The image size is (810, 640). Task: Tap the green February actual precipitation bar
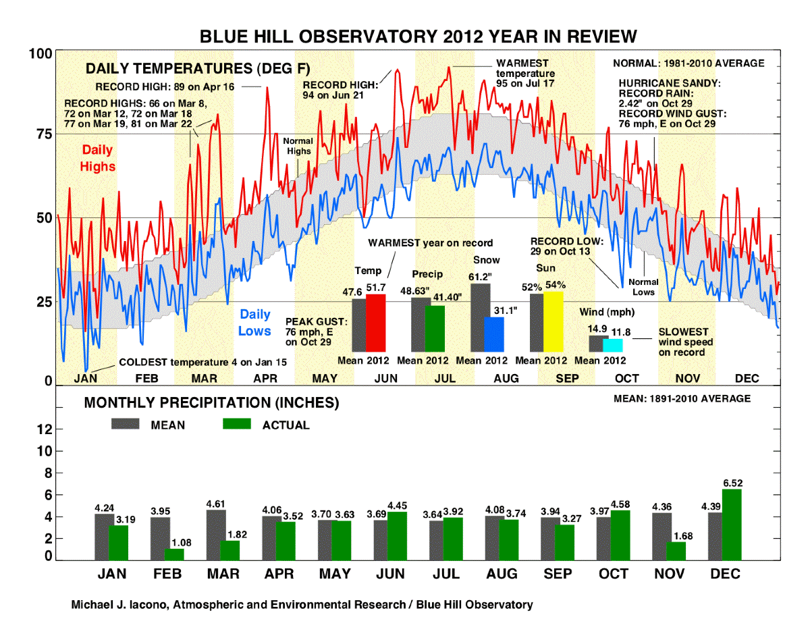[174, 554]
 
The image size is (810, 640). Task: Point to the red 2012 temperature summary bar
[375, 323]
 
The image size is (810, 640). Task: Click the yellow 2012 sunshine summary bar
[553, 321]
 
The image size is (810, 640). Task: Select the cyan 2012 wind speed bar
[613, 345]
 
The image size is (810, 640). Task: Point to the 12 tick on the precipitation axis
[43, 429]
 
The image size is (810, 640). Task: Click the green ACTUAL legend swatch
[236, 424]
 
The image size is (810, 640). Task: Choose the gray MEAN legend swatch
[125, 424]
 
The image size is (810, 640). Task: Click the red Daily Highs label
[98, 158]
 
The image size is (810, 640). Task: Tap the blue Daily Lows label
[254, 323]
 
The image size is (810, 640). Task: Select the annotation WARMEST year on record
[430, 243]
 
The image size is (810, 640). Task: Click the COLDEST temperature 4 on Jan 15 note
[202, 363]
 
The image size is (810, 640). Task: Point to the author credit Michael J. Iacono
[302, 605]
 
